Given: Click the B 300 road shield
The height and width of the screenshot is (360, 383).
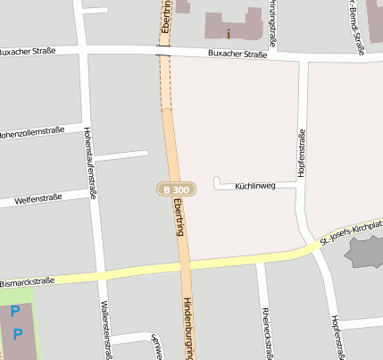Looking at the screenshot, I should pos(175,189).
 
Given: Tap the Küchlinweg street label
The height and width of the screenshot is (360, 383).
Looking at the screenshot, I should pos(254,187).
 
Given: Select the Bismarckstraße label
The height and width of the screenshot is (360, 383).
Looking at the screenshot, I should pos(27,280).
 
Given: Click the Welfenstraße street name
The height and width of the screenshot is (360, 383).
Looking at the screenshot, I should pos(38,198).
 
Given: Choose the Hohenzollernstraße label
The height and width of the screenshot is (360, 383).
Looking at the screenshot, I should pos(35,135).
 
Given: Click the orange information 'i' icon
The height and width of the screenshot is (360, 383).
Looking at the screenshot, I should pos(229,34).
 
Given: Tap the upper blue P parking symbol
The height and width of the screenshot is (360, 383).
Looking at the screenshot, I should pos(14,312).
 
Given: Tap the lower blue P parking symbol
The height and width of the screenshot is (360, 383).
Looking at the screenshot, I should pos(18,335).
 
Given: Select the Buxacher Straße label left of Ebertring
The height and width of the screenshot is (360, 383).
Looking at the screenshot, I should pos(28,51).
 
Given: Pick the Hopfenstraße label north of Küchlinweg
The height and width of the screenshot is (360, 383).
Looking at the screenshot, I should pos(303,153).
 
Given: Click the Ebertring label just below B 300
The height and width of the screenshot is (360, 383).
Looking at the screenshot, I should pos(179,216).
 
